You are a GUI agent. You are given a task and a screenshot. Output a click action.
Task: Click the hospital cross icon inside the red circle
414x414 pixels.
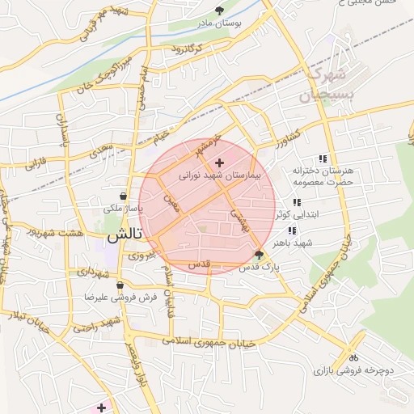[x=220, y=163]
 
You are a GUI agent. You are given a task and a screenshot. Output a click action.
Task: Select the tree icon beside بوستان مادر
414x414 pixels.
[x=220, y=11]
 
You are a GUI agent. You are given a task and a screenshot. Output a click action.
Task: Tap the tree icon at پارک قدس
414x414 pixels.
[x=259, y=255]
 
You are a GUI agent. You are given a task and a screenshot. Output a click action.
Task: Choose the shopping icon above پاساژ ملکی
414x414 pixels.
[x=123, y=196]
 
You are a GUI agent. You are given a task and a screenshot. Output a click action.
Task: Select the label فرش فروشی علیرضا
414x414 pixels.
[x=147, y=297]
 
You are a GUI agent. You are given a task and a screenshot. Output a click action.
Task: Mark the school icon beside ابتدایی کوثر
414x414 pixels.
[x=297, y=203]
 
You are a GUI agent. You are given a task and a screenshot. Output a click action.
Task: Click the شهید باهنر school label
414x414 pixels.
[x=292, y=243]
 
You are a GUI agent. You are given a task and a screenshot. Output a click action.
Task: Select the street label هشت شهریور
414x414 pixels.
[x=56, y=232]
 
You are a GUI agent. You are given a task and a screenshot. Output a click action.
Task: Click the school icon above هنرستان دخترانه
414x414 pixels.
[x=323, y=158]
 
